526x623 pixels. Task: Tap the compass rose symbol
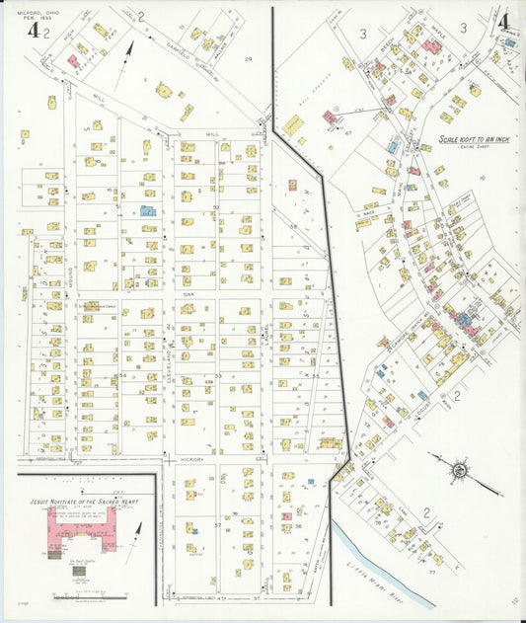(x=459, y=471)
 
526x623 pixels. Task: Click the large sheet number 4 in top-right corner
(x=504, y=21)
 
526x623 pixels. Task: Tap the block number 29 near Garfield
(x=249, y=60)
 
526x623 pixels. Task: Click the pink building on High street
(x=73, y=61)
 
